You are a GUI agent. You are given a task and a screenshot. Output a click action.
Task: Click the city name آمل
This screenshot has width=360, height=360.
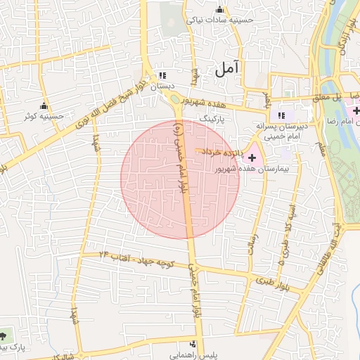pos(228,68)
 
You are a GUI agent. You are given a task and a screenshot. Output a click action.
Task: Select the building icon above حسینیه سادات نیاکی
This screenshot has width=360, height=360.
pos(219,9)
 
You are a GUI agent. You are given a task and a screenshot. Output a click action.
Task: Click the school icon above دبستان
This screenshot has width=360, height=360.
pos(163,75)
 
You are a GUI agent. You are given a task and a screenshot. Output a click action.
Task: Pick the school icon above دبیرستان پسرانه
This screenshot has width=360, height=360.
pos(282,115)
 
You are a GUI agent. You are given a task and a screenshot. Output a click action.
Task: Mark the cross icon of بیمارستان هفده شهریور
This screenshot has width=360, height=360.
pos(252,151)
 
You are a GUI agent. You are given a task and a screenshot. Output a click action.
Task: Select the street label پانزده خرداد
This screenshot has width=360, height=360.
pos(224,151)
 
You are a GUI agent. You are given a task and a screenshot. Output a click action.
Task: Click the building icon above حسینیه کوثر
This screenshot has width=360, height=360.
pos(44,105)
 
